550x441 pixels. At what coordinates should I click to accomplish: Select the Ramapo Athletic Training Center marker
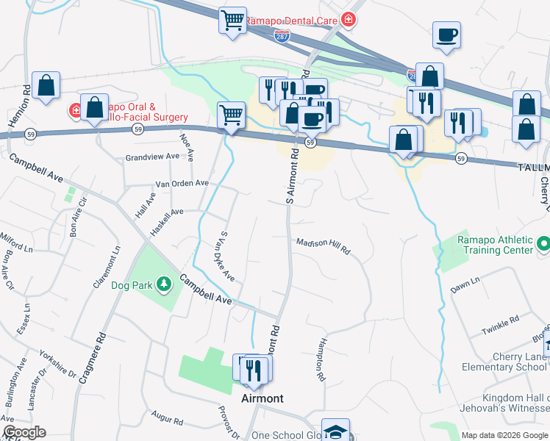(543, 243)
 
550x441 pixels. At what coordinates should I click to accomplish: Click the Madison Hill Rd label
(323, 246)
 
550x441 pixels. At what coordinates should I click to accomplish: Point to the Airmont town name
(262, 398)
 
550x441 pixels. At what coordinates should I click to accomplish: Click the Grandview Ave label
(152, 157)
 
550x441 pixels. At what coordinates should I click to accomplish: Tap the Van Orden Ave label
(182, 184)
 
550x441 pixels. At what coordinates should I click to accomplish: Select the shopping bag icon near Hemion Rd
(46, 85)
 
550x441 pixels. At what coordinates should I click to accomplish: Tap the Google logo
(24, 432)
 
